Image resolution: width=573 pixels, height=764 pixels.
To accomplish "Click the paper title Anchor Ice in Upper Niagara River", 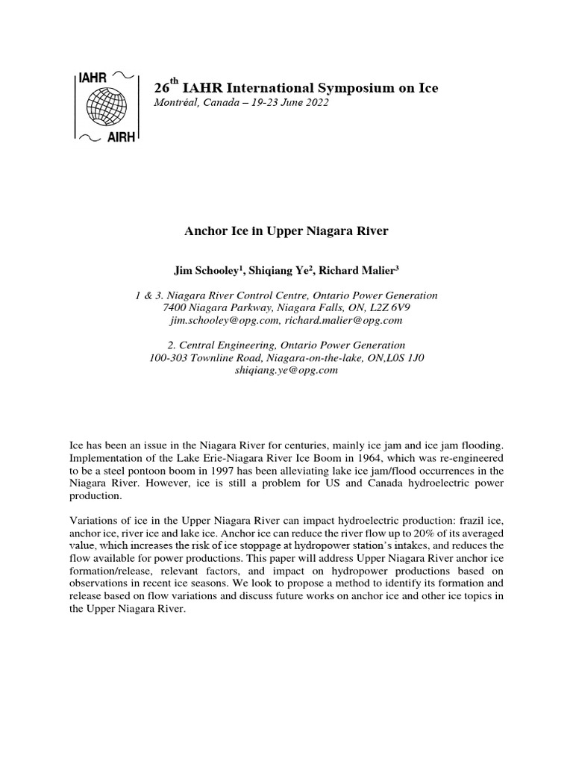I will [286, 231].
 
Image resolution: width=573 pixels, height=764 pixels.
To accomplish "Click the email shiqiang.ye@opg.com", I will [286, 370].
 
